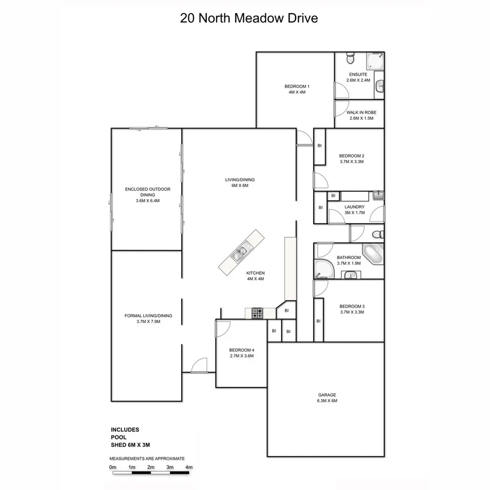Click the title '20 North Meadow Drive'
click(x=249, y=18)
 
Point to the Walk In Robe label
click(x=360, y=113)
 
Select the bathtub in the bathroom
click(x=373, y=254)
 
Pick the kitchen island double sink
click(x=240, y=252)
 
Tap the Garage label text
click(x=327, y=395)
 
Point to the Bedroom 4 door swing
click(x=223, y=328)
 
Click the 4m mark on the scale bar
click(x=189, y=467)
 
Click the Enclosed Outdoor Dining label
click(x=148, y=189)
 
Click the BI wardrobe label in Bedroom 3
click(x=318, y=321)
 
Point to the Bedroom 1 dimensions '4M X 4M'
click(x=297, y=93)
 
